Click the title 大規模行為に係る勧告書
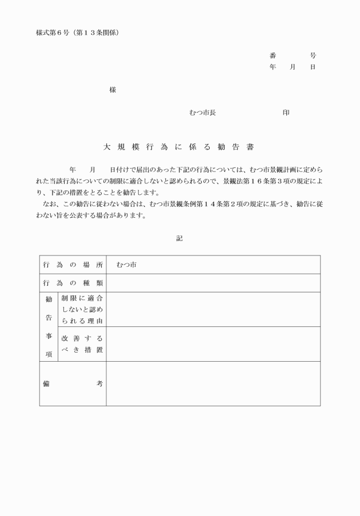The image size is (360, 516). [178, 147]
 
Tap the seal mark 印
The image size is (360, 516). [286, 113]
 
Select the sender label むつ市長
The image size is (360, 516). [202, 113]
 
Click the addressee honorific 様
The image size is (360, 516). [113, 90]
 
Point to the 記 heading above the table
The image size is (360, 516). [179, 238]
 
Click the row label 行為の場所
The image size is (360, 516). [73, 265]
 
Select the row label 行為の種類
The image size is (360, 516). [73, 283]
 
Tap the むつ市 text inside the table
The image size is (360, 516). [126, 265]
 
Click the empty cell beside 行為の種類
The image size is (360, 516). [213, 283]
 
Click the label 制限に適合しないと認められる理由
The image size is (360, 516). [82, 309]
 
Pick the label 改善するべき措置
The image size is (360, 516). [82, 344]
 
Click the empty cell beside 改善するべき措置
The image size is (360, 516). [213, 344]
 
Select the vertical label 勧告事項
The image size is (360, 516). [49, 326]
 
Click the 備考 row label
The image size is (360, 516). [73, 383]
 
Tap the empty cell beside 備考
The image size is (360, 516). [213, 383]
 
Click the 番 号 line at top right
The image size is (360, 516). [293, 55]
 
